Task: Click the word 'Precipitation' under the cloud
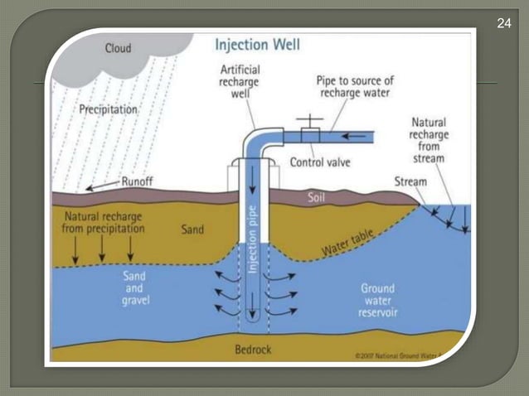click(x=108, y=109)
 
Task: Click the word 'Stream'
click(x=411, y=181)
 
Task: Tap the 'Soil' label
click(x=317, y=198)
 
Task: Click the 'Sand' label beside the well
click(x=192, y=229)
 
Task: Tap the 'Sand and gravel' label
click(x=135, y=286)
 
